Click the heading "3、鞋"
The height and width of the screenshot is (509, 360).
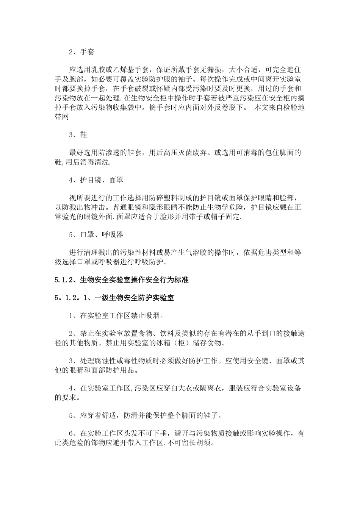(x=78, y=135)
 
